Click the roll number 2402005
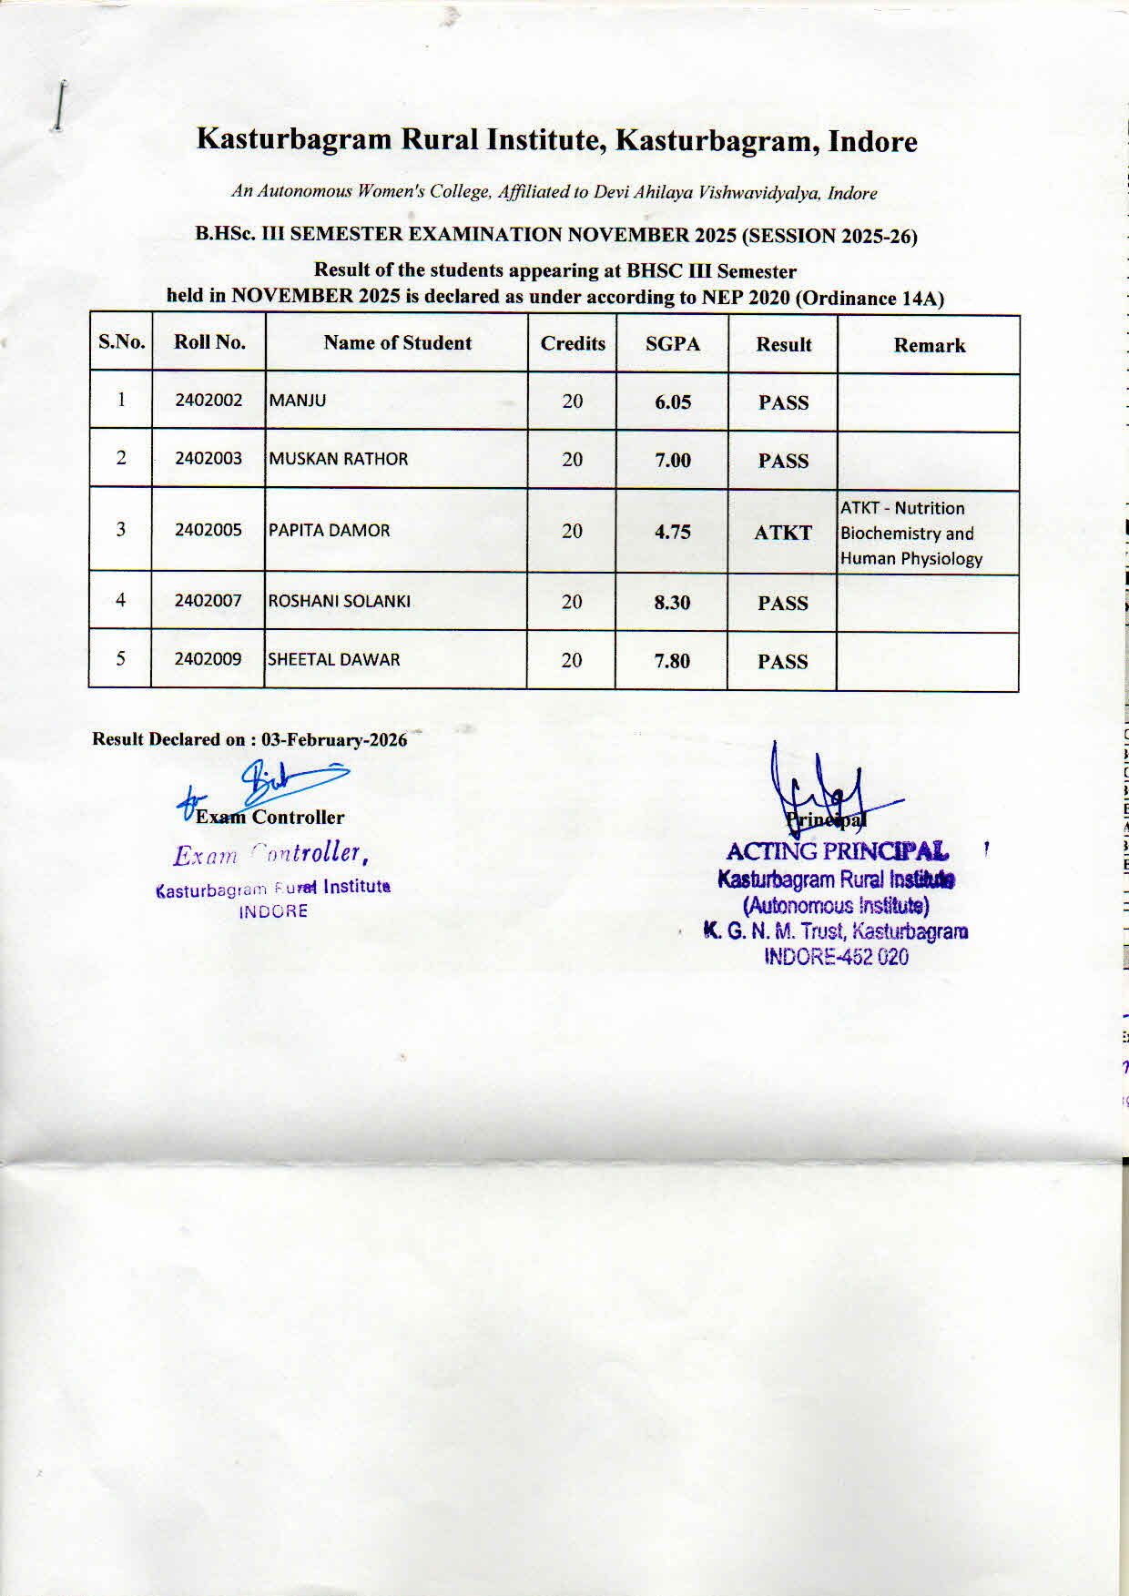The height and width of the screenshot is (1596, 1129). click(209, 530)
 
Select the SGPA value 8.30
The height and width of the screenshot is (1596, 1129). click(672, 603)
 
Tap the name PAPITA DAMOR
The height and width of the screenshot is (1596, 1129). click(329, 531)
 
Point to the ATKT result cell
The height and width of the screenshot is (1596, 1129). click(783, 533)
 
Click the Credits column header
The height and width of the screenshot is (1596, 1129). click(573, 343)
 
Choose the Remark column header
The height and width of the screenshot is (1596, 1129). click(929, 346)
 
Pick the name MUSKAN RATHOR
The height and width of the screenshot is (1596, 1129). click(339, 459)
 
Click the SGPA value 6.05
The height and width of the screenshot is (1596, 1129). click(673, 402)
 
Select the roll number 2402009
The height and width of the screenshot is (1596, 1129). click(208, 659)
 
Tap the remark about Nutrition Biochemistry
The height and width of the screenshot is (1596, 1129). click(911, 534)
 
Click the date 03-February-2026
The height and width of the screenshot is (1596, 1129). click(334, 740)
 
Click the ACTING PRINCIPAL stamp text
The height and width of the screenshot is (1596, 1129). click(837, 852)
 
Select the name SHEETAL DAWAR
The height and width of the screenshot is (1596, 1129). click(333, 660)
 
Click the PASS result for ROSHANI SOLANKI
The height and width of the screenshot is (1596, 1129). click(783, 604)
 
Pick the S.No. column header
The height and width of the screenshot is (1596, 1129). click(122, 342)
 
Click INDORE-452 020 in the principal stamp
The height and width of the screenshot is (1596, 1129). click(836, 957)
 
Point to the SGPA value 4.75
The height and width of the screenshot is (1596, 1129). click(673, 533)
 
